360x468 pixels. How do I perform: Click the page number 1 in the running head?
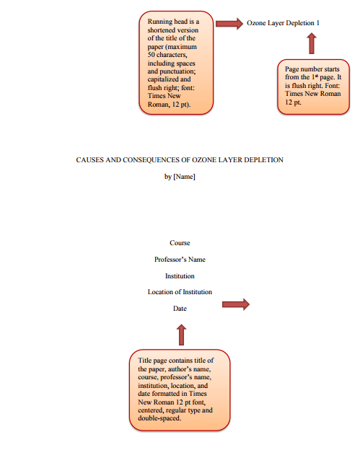coord(318,23)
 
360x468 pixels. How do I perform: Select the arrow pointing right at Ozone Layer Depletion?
coord(229,24)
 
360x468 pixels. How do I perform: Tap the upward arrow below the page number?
coord(312,43)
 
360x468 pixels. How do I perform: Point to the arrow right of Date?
coord(236,304)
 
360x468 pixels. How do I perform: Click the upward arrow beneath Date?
coord(181,335)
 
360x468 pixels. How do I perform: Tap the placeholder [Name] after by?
coord(184,177)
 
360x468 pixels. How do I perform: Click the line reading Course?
coord(180,243)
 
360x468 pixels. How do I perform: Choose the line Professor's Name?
coord(180,260)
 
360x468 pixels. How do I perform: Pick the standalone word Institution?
coord(180,276)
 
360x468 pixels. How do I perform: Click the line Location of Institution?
coord(180,292)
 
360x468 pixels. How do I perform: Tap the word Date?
coord(180,309)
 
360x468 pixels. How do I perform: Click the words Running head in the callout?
coord(167,22)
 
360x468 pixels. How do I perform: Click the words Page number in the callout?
coord(303,69)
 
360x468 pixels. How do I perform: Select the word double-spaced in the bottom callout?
coord(159,418)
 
